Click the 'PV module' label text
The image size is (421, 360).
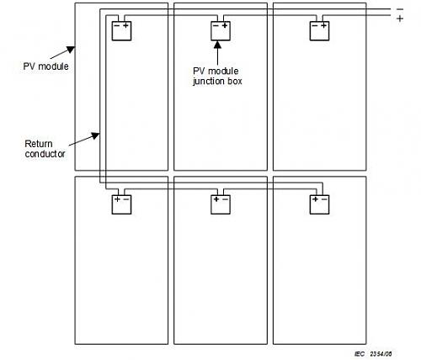click(45, 66)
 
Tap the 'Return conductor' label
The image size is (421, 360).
click(45, 149)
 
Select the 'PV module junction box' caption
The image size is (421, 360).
click(217, 76)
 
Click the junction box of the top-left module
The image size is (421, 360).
click(121, 31)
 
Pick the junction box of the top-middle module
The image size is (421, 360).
click(221, 31)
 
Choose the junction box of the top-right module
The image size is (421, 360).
click(319, 31)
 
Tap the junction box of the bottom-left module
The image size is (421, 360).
click(121, 204)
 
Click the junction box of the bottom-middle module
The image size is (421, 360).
click(221, 204)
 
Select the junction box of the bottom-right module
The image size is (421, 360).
click(319, 204)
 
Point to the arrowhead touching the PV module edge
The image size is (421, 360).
click(71, 50)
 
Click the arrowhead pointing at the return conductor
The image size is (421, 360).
click(96, 136)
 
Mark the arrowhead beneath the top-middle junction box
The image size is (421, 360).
click(217, 45)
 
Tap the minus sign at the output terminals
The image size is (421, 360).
click(400, 9)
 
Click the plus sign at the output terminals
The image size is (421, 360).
click(400, 19)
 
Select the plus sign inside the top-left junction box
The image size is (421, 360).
click(126, 25)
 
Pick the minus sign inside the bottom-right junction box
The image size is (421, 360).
click(324, 199)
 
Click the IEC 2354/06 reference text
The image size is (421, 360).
click(373, 354)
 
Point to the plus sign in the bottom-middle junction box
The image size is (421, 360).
click(216, 199)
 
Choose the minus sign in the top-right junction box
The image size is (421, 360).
click(315, 26)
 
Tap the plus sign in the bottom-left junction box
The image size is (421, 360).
click(117, 199)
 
